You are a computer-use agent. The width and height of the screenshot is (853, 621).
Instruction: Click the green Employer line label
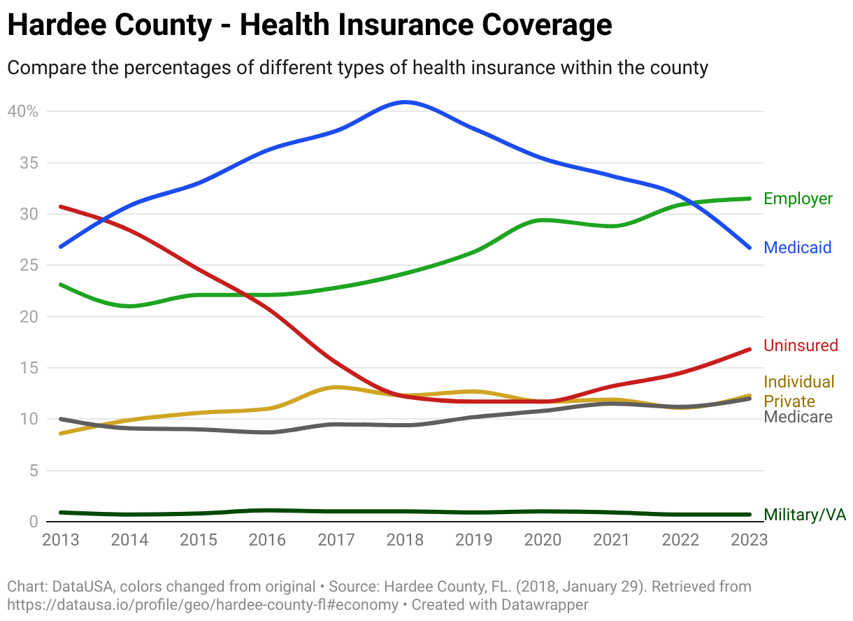tap(798, 199)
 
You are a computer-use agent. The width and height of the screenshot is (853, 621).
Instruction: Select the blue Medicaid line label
tap(797, 248)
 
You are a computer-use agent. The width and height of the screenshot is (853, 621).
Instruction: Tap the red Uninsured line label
tap(801, 345)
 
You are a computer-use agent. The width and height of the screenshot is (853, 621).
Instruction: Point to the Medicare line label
tap(798, 417)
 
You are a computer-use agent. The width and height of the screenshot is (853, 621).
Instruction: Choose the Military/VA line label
tap(805, 515)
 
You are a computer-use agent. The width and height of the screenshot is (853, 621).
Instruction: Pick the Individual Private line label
tap(798, 392)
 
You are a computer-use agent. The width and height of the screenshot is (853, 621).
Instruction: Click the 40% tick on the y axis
tap(24, 111)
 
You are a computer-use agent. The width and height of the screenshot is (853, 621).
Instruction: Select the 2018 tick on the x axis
tap(406, 540)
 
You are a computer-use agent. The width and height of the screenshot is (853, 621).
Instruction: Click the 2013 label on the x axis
tap(61, 540)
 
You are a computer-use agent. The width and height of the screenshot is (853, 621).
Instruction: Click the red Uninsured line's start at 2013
tap(61, 206)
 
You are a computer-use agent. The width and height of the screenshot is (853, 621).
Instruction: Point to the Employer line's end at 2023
tap(750, 199)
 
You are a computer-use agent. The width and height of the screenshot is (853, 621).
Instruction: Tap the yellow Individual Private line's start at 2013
tap(61, 434)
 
